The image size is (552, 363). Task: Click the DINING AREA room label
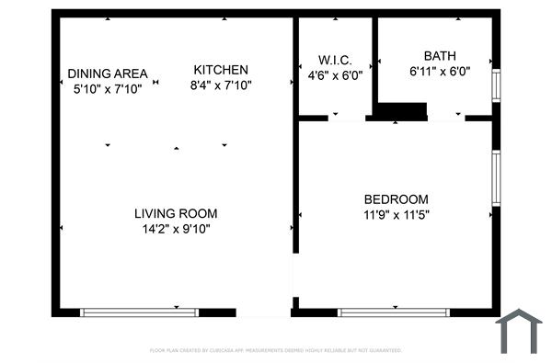click(x=108, y=74)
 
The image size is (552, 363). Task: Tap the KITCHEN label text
click(x=221, y=70)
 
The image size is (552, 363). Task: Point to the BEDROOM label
click(x=397, y=199)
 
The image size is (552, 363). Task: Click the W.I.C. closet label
click(x=335, y=61)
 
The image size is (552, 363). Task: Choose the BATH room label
click(x=440, y=55)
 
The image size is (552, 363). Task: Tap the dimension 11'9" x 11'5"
click(x=397, y=214)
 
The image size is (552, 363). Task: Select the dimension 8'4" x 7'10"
click(x=221, y=85)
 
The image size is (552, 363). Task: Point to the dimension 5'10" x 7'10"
click(x=108, y=89)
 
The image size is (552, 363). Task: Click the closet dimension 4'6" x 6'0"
click(x=335, y=76)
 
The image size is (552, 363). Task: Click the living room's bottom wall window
click(x=140, y=312)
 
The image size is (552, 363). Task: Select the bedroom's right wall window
click(x=497, y=178)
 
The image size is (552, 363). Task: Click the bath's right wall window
click(x=497, y=85)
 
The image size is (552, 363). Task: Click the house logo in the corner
click(x=519, y=332)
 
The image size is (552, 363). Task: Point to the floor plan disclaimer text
click(x=276, y=350)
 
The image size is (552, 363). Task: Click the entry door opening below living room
click(x=263, y=312)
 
